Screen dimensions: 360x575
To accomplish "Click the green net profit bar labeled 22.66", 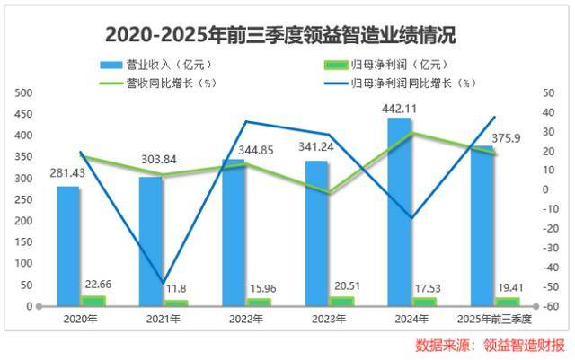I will (93, 301).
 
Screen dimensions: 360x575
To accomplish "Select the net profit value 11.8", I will (175, 288).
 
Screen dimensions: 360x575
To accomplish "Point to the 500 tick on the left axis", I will (23, 93).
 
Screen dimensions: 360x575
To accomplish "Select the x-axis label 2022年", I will (244, 319).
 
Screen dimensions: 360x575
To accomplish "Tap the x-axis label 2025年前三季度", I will (495, 319).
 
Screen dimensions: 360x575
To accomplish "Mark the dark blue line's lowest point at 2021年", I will (164, 283).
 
